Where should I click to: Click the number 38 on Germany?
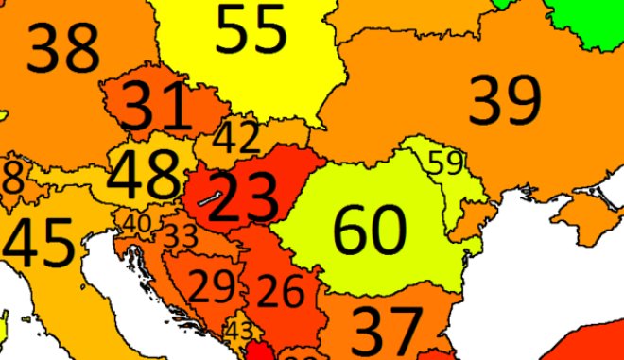63,48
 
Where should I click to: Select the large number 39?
506,98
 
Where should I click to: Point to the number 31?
157,106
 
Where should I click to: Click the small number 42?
235,138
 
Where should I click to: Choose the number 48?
144,174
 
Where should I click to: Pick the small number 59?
446,163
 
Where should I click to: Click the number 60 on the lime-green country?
370,230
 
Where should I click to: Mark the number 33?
181,234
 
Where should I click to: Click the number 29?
212,284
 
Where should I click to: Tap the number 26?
281,292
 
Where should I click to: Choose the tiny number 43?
240,331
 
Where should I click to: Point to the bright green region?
586,19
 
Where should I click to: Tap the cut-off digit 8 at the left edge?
13,178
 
